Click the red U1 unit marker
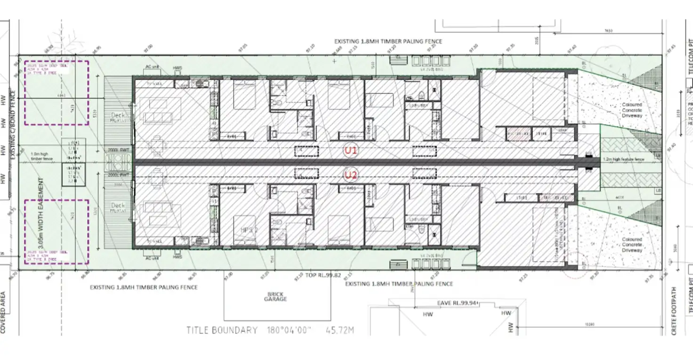coord(351,151)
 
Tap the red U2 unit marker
coord(351,176)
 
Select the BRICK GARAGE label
coord(275,296)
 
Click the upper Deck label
coord(118,115)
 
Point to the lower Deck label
coord(118,206)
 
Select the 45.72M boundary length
coord(340,330)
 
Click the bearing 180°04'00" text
coord(289,330)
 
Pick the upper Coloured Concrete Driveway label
coord(632,110)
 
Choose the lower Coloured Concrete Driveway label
coord(632,245)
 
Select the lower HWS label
coord(177,257)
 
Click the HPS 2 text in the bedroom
coord(247,230)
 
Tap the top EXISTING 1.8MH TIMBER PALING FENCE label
coord(388,41)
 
